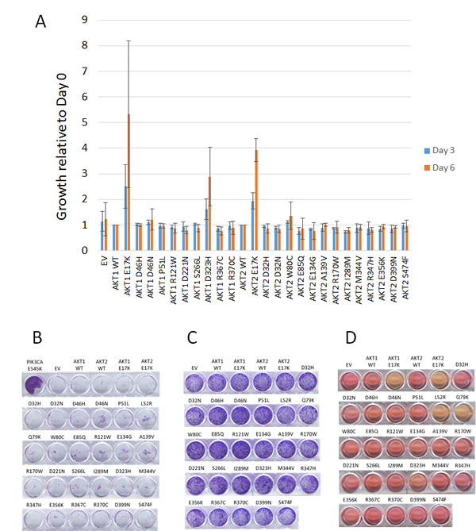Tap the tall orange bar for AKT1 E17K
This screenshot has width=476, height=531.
pos(129,182)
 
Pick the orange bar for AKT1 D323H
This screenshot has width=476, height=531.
pos(209,214)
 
